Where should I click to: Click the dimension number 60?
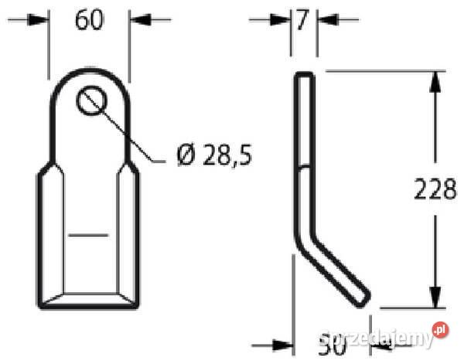coord(89,20)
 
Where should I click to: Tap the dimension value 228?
coord(435,189)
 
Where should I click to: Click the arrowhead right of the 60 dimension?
coord(138,19)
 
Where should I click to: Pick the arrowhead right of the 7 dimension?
coord(326,19)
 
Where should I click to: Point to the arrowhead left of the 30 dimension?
coord(284,345)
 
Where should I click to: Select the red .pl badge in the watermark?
coord(439,330)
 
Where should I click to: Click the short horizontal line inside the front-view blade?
coord(87,232)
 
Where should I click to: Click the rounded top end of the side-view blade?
coord(306,76)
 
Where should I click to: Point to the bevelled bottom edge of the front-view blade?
coord(89,301)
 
